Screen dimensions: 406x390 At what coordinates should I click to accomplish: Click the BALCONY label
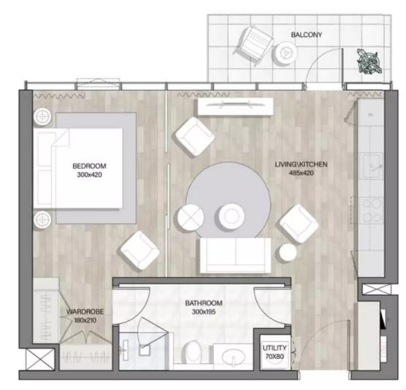point(306,35)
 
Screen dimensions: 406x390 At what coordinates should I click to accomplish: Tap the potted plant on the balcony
point(369,62)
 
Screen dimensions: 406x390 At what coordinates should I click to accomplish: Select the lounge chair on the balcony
point(255,45)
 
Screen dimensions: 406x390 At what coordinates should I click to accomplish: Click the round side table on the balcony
point(286,53)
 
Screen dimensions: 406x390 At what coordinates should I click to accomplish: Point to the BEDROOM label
point(89,166)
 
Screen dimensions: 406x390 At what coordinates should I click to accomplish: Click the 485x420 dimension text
point(301,173)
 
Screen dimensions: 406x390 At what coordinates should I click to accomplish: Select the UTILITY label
point(275,348)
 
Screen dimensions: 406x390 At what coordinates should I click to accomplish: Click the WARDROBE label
point(85,312)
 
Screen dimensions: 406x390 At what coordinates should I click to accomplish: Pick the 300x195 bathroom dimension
point(204,312)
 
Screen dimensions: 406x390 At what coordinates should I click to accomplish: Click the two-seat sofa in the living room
point(235,256)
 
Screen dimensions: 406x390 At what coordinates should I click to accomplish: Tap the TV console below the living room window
point(236,107)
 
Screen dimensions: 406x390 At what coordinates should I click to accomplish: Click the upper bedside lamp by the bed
point(42,117)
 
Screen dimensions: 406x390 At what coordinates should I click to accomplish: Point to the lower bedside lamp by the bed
point(42,219)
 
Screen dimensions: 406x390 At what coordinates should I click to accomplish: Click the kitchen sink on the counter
point(372,166)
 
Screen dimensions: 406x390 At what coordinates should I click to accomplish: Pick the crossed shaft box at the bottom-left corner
point(40,359)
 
